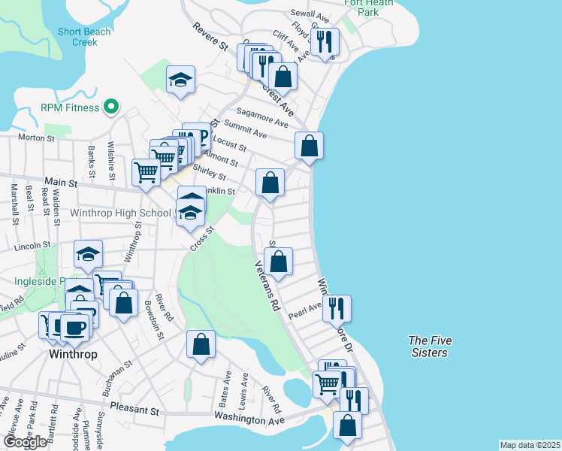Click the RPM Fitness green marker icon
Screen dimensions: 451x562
111,107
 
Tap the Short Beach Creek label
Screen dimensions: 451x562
84,37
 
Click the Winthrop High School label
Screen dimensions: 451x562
120,213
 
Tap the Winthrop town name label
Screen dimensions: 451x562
73,353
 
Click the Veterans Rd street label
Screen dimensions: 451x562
267,286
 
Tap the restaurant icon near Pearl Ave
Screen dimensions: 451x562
336,307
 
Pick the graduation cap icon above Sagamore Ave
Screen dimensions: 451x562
180,80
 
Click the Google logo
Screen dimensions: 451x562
25,442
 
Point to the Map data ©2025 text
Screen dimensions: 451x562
530,445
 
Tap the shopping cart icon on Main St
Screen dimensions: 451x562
146,171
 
